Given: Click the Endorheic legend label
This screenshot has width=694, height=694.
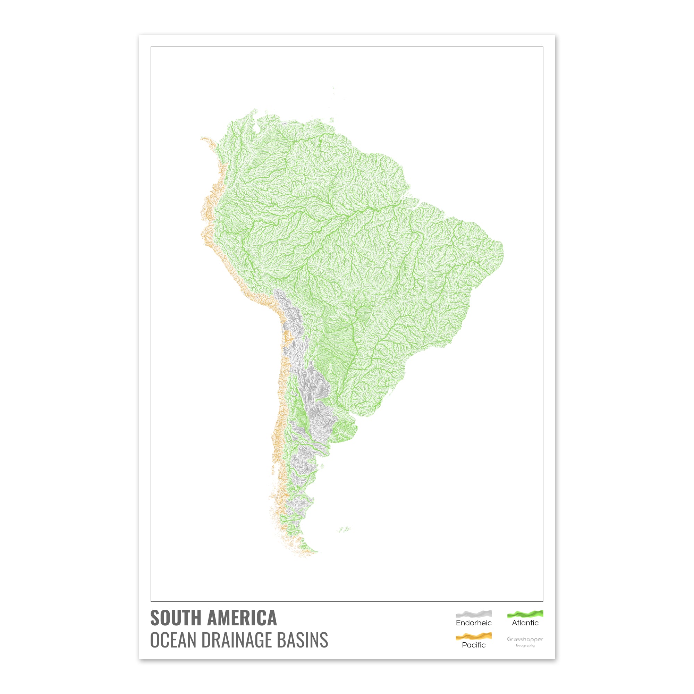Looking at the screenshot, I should coord(473,623).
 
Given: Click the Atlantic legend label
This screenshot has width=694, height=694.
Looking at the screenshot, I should coord(525,623).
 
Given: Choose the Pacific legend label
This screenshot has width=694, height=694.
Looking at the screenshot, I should coord(473,645).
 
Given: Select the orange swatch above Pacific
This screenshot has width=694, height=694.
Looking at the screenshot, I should coord(473,637).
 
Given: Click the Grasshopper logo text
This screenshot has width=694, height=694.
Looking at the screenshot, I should coord(525,639).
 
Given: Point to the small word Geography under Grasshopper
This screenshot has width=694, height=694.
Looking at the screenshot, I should coord(525,645).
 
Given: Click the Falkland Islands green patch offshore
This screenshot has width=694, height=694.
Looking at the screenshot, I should coord(345,529).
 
